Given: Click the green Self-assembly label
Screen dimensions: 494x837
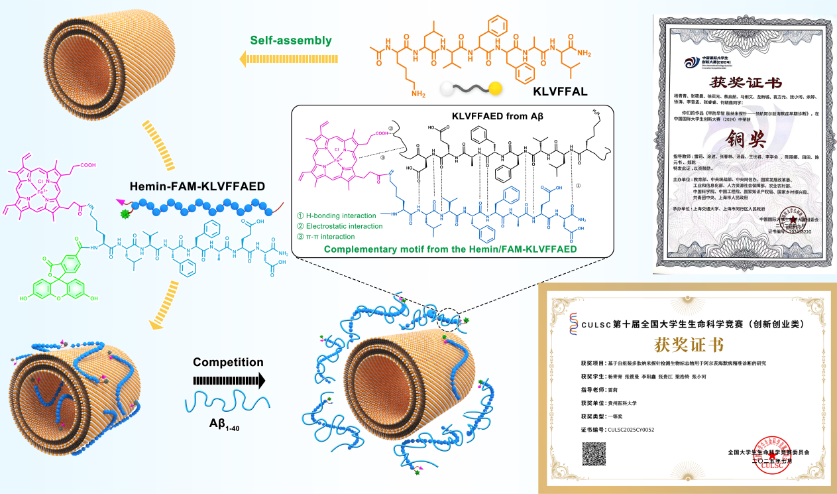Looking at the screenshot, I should (290, 40).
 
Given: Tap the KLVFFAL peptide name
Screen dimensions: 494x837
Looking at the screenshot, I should (560, 92).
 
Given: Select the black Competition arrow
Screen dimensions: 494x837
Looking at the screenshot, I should (229, 381).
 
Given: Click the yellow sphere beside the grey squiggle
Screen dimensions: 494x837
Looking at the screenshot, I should (496, 88).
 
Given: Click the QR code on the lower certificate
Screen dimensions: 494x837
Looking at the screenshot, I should (594, 456).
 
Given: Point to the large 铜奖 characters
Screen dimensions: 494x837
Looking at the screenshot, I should (748, 139).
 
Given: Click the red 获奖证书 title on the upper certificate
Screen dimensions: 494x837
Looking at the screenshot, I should (746, 84).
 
